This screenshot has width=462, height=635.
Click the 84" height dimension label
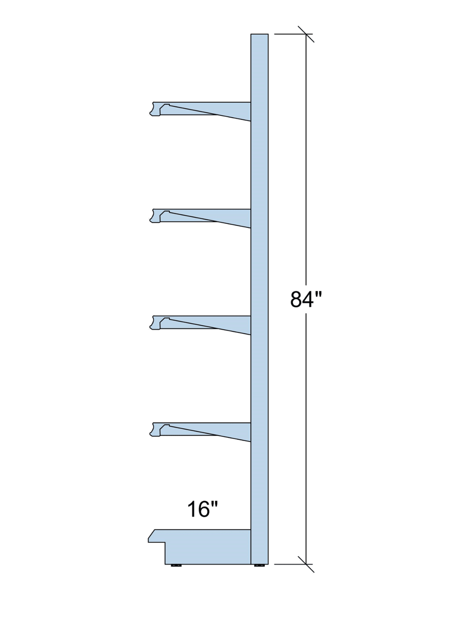point(306,299)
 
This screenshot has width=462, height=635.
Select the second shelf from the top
point(200,217)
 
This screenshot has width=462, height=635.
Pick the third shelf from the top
point(200,324)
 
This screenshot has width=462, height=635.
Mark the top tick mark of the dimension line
point(306,34)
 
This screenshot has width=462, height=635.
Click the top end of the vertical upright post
point(259,34)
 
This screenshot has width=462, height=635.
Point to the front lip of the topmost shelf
point(155,109)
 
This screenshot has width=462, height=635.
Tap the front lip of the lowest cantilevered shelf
point(155,429)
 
